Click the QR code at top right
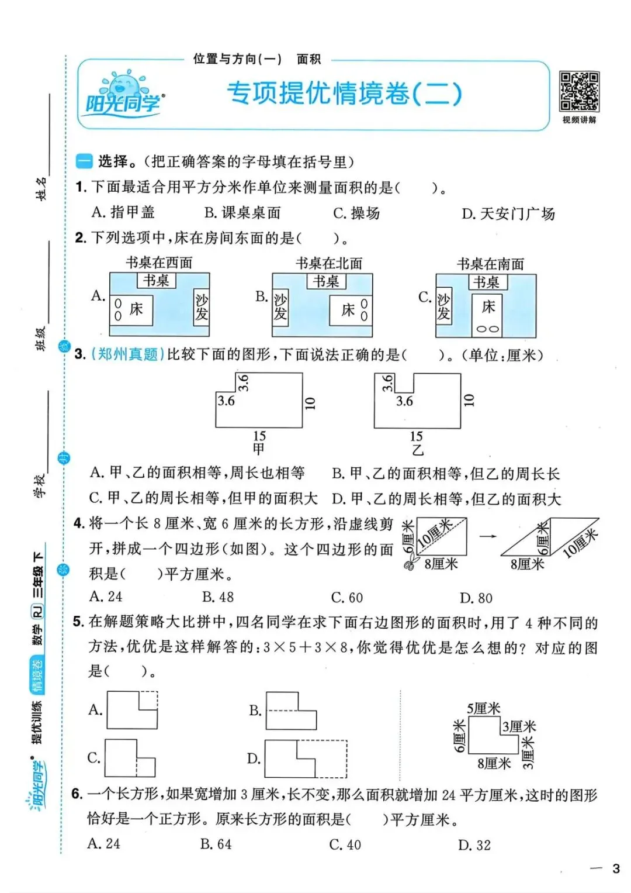tap(579, 91)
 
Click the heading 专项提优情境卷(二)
tap(344, 93)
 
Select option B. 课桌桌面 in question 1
tap(242, 213)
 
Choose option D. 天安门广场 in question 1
tap(508, 214)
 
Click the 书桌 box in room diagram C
tap(487, 282)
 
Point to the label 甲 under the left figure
tap(259, 449)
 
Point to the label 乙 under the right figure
tap(417, 450)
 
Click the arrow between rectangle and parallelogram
tap(487, 536)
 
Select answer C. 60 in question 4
tap(347, 598)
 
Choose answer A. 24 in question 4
tap(106, 597)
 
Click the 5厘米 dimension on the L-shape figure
tap(483, 709)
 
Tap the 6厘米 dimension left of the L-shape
tap(460, 736)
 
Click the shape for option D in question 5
tap(306, 758)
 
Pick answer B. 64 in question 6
tap(216, 844)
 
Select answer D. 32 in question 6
tap(474, 845)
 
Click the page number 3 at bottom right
tap(615, 868)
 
